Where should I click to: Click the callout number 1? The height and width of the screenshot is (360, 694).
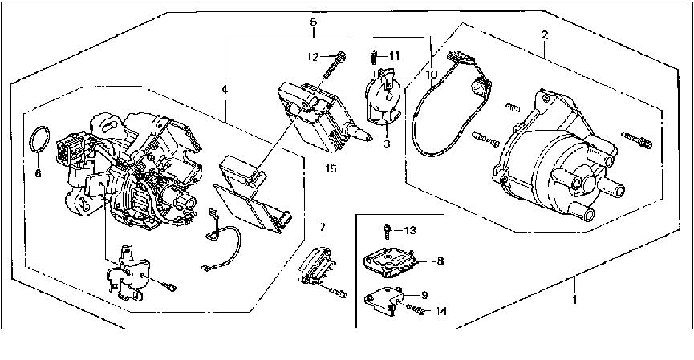tap(574, 300)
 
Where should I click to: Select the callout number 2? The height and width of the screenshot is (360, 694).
tap(545, 35)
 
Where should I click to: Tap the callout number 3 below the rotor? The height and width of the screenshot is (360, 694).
tap(387, 144)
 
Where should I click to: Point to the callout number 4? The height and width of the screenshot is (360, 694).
tap(225, 90)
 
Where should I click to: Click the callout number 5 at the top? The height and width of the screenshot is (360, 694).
tap(314, 22)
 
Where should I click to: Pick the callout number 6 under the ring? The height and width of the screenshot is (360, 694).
tap(38, 173)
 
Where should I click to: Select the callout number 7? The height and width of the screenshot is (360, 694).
tap(323, 228)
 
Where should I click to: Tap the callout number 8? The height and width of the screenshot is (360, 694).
tap(440, 261)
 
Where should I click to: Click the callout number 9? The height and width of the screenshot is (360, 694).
tap(424, 294)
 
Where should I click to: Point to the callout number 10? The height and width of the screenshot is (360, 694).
tap(432, 75)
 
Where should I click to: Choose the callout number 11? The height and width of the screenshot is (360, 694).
tap(395, 56)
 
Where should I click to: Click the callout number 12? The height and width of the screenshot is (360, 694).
tap(313, 57)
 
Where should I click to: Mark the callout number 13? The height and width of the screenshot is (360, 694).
tap(410, 230)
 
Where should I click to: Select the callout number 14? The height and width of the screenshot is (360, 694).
tap(441, 311)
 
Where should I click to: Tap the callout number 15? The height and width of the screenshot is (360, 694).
tap(331, 168)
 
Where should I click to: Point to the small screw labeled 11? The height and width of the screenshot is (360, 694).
tap(373, 58)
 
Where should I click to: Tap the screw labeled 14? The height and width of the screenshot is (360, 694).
tap(416, 309)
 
